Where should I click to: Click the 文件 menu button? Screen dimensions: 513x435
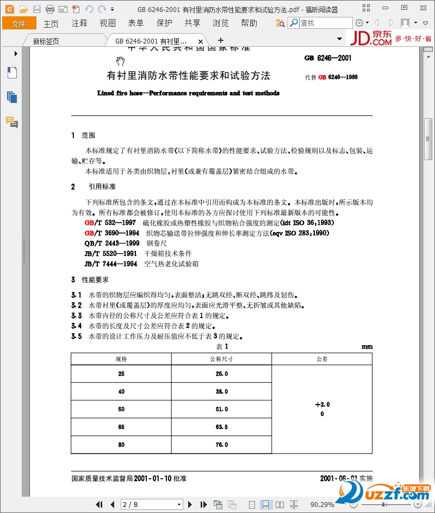(x=19, y=23)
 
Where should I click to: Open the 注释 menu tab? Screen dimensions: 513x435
(x=79, y=23)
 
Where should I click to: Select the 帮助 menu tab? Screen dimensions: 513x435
(x=249, y=23)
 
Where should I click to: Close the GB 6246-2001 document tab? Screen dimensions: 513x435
(x=201, y=41)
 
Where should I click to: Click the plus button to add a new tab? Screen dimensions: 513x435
(x=221, y=40)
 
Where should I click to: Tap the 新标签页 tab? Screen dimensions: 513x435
(x=46, y=41)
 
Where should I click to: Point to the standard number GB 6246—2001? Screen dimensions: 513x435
(x=328, y=58)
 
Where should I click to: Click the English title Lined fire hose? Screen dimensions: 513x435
(x=188, y=93)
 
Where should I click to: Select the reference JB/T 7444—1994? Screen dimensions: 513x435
(x=110, y=264)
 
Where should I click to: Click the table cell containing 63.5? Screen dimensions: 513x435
(x=221, y=427)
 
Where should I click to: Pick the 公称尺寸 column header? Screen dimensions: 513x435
(x=221, y=359)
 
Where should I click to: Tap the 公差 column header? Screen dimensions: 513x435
(x=322, y=359)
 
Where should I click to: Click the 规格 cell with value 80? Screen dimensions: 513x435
(x=121, y=445)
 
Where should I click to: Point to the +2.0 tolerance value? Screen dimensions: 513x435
(x=322, y=405)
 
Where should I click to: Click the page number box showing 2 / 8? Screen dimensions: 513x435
(x=151, y=504)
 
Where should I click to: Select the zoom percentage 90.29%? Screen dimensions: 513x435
(x=322, y=504)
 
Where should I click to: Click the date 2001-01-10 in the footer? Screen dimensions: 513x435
(x=152, y=479)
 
